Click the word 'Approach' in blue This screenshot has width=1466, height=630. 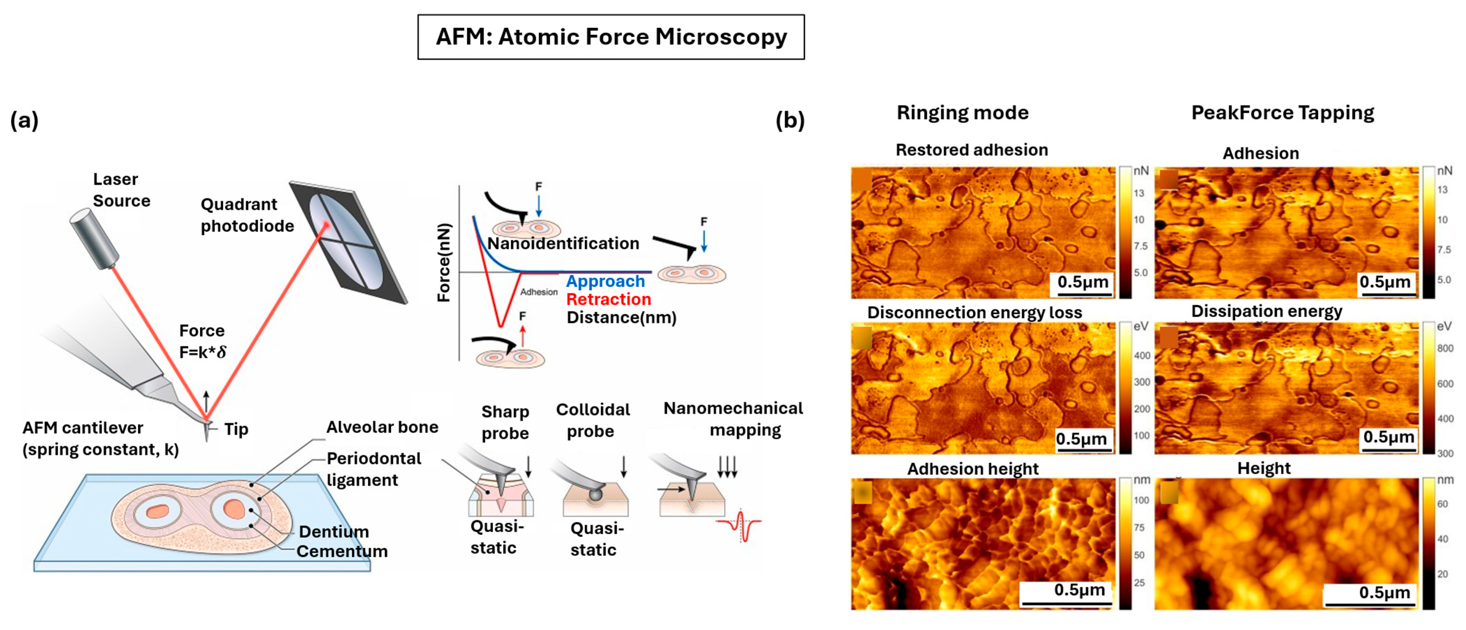[605, 281]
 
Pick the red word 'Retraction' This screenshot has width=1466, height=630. [608, 299]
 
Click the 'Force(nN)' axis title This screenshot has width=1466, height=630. [444, 262]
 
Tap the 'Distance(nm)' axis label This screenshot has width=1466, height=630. [621, 318]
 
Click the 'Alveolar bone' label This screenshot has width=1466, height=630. [382, 427]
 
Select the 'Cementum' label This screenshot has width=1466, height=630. [342, 552]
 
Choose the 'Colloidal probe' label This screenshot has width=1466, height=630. [592, 420]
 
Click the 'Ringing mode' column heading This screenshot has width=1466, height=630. [962, 113]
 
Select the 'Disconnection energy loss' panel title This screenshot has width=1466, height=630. [974, 313]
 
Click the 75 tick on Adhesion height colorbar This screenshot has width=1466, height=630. [1139, 527]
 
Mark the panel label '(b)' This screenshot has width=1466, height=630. [790, 120]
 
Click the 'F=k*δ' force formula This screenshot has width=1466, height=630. [202, 352]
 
